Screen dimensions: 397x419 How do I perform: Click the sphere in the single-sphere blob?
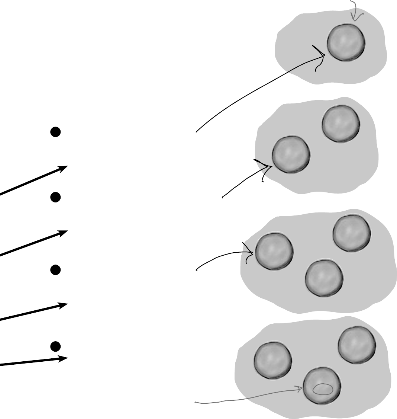(346, 42)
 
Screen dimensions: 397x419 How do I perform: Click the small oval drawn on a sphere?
(323, 389)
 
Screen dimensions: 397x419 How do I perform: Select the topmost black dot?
(55, 132)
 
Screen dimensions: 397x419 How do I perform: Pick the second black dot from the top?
(55, 197)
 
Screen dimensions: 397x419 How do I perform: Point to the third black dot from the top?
(55, 270)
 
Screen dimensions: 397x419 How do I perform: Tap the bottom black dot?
(55, 346)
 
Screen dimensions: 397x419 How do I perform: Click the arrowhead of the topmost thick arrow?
(64, 168)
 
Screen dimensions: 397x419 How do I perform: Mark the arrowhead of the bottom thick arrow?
(64, 358)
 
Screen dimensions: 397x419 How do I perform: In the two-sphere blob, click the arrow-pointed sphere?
(291, 154)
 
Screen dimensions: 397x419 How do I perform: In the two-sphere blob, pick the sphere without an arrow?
(341, 124)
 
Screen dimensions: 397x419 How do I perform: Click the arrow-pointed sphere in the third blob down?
(274, 251)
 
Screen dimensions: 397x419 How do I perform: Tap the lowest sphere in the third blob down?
(324, 278)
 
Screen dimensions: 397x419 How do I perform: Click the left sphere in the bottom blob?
(273, 360)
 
